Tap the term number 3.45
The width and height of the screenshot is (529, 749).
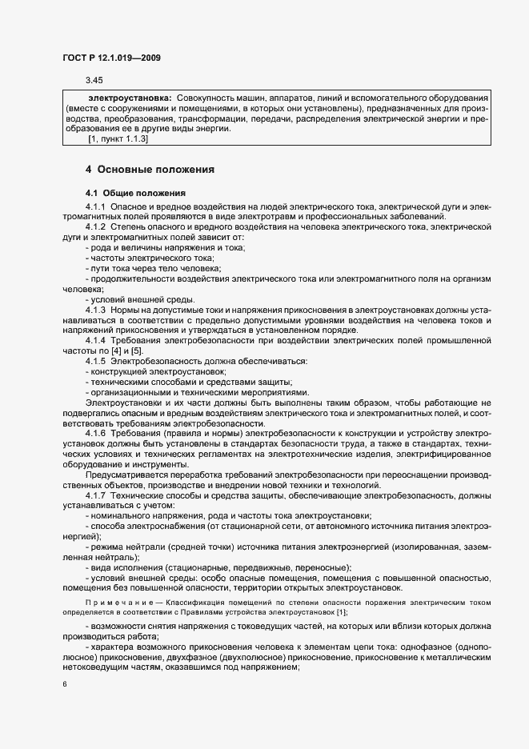[x=94, y=79]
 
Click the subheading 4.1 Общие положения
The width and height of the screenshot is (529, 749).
[x=135, y=194]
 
